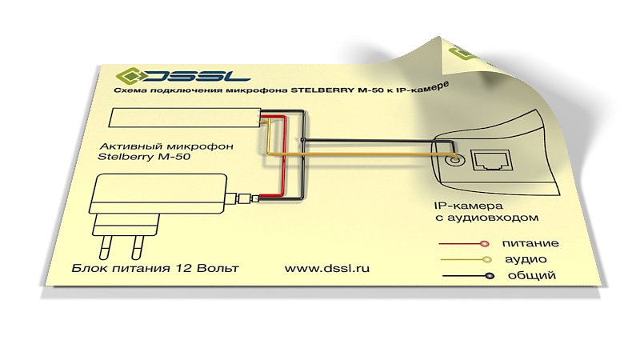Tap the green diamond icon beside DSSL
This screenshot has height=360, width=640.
pyautogui.click(x=129, y=75)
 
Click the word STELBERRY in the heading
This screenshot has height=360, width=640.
pyautogui.click(x=322, y=90)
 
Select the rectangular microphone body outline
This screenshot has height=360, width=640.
pyautogui.click(x=185, y=118)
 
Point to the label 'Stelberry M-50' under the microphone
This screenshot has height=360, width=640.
pyautogui.click(x=144, y=156)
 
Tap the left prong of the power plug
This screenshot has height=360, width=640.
pyautogui.click(x=106, y=246)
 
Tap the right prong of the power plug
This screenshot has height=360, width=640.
pyautogui.click(x=137, y=247)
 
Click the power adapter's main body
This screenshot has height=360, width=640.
pyautogui.click(x=158, y=194)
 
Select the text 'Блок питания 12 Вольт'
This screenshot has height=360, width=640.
pyautogui.click(x=155, y=268)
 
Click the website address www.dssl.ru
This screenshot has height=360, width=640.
pyautogui.click(x=327, y=268)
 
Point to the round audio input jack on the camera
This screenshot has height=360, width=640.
pyautogui.click(x=453, y=158)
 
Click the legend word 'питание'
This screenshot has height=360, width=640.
pyautogui.click(x=530, y=243)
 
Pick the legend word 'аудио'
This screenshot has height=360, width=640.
pyautogui.click(x=526, y=259)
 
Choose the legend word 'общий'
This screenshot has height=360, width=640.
pyautogui.click(x=531, y=275)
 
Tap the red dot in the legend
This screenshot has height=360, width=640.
pyautogui.click(x=484, y=244)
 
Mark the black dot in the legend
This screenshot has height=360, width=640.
pyautogui.click(x=490, y=276)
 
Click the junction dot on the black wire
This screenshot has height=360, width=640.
pyautogui.click(x=302, y=140)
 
